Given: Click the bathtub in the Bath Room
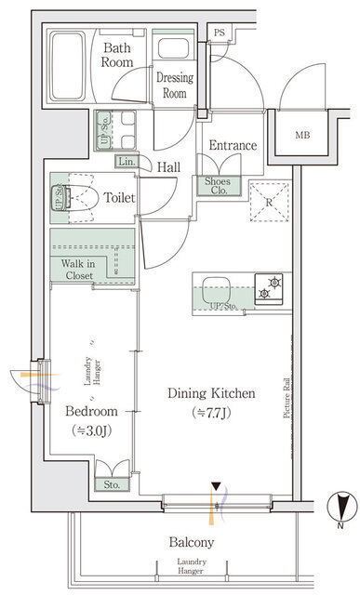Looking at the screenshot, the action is pos(68,66).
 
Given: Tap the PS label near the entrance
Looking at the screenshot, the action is pos(220,33).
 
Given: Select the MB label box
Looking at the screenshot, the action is pos(302,135).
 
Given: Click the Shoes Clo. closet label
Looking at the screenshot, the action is pos(219,186).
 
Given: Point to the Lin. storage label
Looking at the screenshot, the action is pos(127,161).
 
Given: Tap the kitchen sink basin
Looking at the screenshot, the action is pos(216,290).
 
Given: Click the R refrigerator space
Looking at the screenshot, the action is pos(269,202).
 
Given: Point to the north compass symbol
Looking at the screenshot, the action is pos(342,507).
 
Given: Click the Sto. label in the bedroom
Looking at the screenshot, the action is pos(112,484).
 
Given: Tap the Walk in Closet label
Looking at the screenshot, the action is pos(79,269).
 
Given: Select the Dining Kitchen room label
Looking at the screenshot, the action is pos(211,393).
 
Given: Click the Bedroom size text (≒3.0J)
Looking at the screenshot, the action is pos(91,430).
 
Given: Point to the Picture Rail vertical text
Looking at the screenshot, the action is pos(287,398).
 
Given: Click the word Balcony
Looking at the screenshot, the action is pos(192,542).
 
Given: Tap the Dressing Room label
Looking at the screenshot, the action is pos(175,85).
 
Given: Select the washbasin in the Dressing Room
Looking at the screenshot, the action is pos(173,48).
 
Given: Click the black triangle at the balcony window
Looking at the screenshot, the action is pos(216,486).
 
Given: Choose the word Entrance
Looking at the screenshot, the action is pos(233,145).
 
